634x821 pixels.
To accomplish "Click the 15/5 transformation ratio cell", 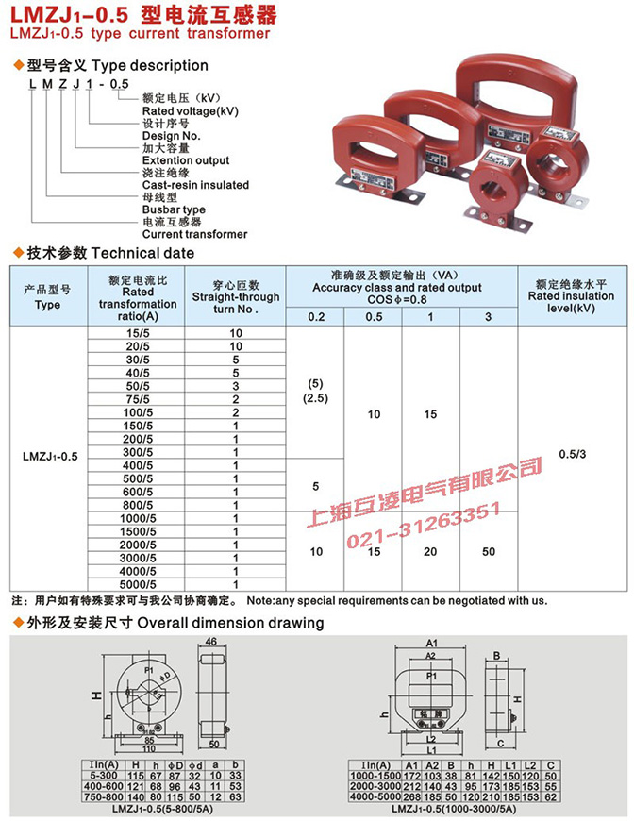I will pyautogui.click(x=138, y=333).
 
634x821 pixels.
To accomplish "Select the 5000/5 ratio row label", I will pyautogui.click(x=138, y=584).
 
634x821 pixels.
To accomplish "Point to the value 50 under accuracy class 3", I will pyautogui.click(x=488, y=550).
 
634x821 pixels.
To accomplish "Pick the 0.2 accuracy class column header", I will pyautogui.click(x=315, y=317).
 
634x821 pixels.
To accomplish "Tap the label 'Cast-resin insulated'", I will pyautogui.click(x=195, y=185).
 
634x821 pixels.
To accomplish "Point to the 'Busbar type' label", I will pyautogui.click(x=174, y=209).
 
